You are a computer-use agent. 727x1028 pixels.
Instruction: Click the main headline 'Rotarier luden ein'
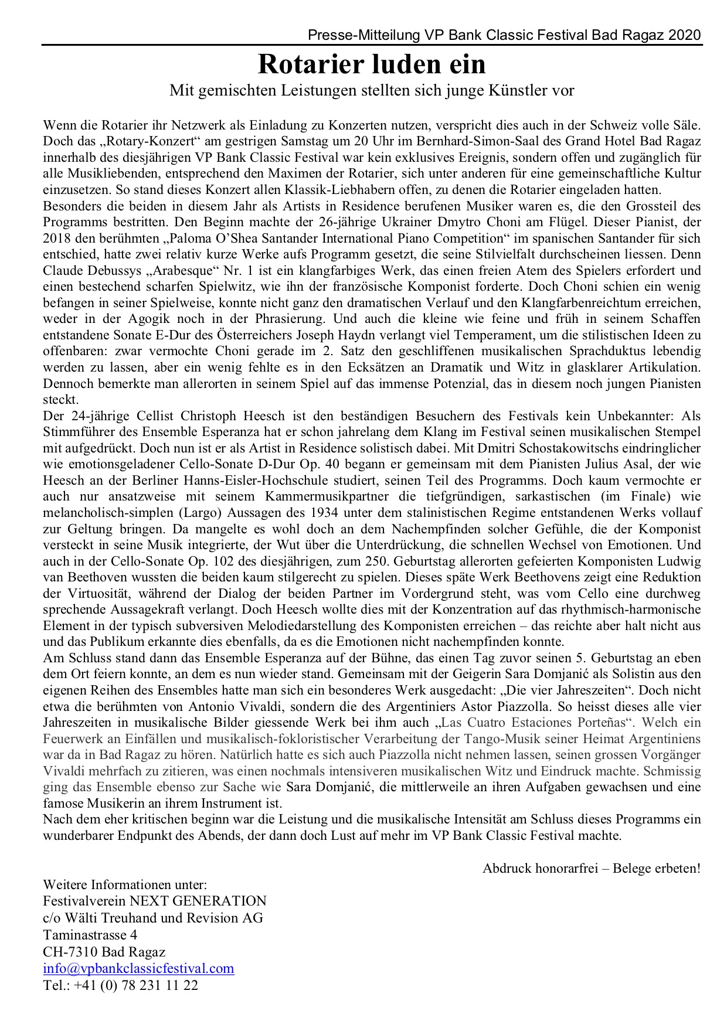tap(372, 64)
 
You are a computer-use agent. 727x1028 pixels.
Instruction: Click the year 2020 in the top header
tap(684, 35)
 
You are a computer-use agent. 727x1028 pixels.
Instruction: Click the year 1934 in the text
tap(328, 512)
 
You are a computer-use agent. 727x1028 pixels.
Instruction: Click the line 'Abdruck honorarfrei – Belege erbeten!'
tap(591, 868)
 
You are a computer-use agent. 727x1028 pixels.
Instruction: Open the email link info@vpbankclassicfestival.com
tap(138, 968)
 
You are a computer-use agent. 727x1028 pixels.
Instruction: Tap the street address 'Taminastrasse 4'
tap(90, 934)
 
